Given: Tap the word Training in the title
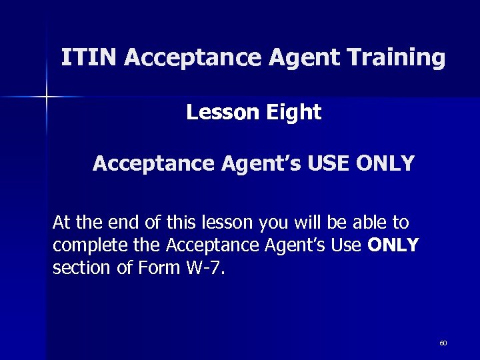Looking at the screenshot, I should pyautogui.click(x=399, y=58).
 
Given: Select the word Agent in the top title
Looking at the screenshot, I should pyautogui.click(x=307, y=58).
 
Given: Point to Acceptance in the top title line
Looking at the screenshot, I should pyautogui.click(x=195, y=58).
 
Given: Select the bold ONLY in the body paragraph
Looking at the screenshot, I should pyautogui.click(x=393, y=246).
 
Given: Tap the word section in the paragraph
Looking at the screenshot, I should pyautogui.click(x=75, y=269).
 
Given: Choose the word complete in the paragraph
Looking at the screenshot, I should pyautogui.click(x=83, y=246).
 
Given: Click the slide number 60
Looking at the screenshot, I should pyautogui.click(x=443, y=343).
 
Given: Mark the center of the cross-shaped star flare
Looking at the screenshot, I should pyautogui.click(x=46, y=97).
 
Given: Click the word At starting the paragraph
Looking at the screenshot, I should pyautogui.click(x=61, y=222).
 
